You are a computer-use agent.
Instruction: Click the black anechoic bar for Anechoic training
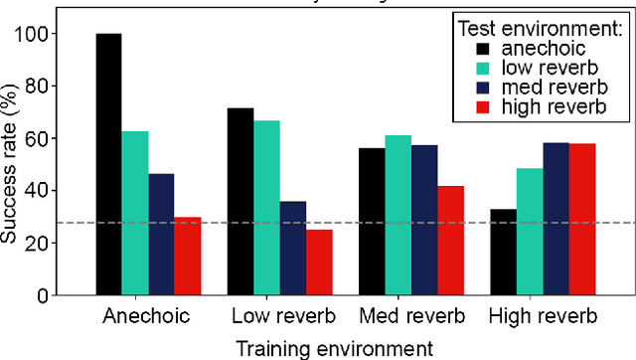[x=108, y=165]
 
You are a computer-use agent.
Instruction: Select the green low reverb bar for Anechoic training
[x=135, y=214]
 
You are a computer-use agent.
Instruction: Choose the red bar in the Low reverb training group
[x=318, y=263]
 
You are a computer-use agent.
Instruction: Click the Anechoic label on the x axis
[x=148, y=318]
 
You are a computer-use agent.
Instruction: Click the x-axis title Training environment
[x=333, y=347]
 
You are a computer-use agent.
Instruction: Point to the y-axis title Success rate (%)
[x=17, y=164]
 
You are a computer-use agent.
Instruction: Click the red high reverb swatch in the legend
[x=484, y=107]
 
